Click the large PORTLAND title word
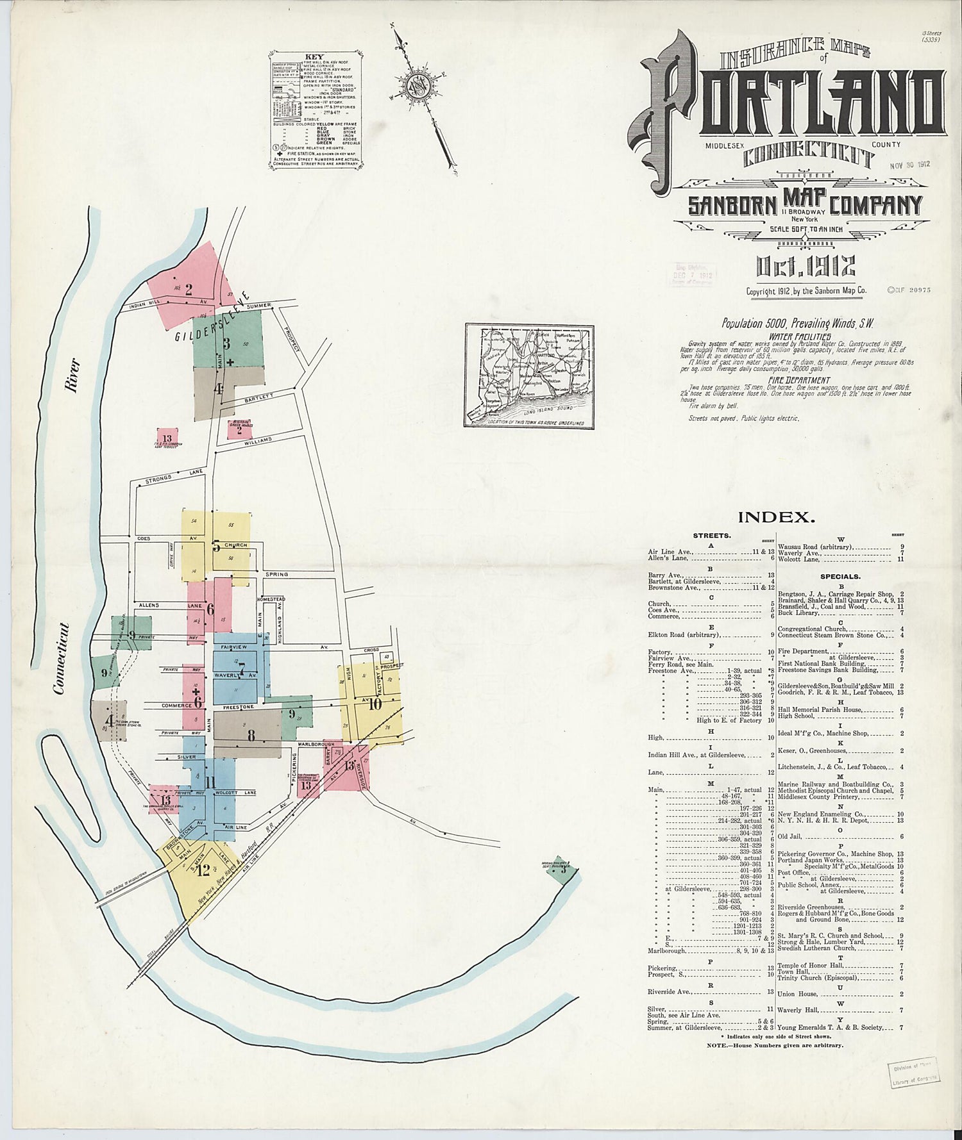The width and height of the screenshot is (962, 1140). click(795, 103)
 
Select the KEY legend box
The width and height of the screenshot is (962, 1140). click(314, 110)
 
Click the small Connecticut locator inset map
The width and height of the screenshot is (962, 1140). click(529, 376)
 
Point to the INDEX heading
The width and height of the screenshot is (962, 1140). click(776, 516)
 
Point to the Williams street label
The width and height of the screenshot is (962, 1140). click(258, 440)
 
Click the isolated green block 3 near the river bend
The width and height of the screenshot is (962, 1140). click(562, 870)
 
